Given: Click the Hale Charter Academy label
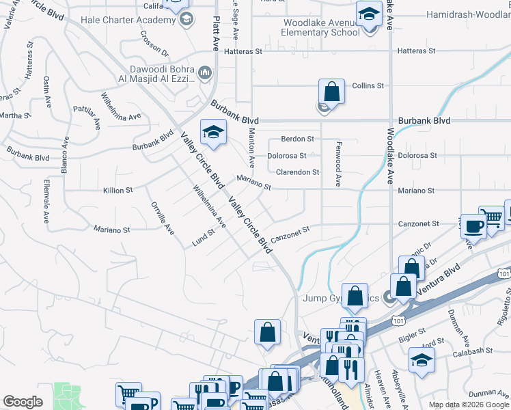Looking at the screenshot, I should coord(128,20).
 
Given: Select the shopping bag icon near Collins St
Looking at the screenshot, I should coord(331,91).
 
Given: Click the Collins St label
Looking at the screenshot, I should coord(368,86).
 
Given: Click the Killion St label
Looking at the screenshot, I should coord(118,191).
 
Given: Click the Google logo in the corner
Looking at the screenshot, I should coord(23,402).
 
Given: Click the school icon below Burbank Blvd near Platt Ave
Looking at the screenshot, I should coord(213,132).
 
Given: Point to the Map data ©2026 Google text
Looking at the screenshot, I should coord(468,405).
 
